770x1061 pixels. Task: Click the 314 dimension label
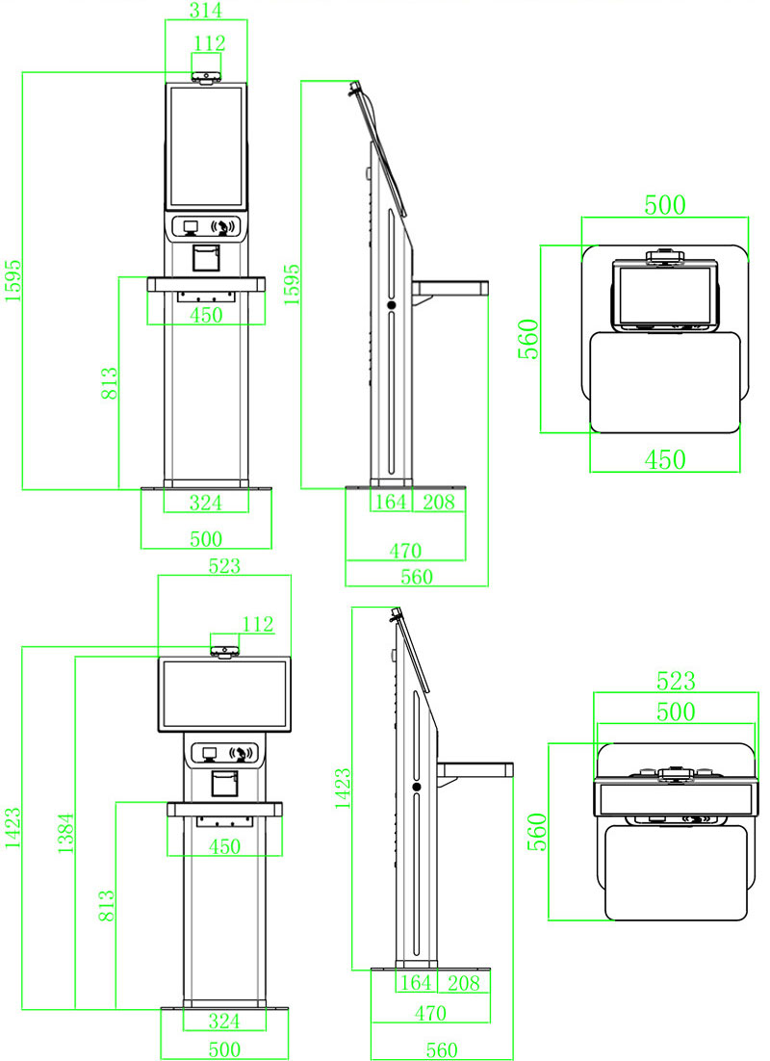206,11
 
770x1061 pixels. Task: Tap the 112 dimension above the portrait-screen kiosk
208,43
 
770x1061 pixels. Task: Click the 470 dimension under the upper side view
405,552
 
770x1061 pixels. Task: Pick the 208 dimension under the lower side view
463,984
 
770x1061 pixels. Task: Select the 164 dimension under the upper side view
390,502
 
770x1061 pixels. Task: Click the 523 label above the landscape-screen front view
223,567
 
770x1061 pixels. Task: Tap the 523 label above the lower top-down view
675,682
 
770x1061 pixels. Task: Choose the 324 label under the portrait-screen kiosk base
205,502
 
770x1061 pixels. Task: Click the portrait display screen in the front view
206,146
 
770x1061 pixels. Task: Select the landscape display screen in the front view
224,693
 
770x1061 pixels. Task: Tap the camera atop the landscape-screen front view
224,652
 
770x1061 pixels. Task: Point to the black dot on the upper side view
392,305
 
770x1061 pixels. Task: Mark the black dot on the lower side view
417,788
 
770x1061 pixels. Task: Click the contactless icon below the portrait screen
223,227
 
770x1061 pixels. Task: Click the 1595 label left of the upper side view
292,285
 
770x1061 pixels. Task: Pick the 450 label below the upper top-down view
664,460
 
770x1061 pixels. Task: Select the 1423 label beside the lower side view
343,788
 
